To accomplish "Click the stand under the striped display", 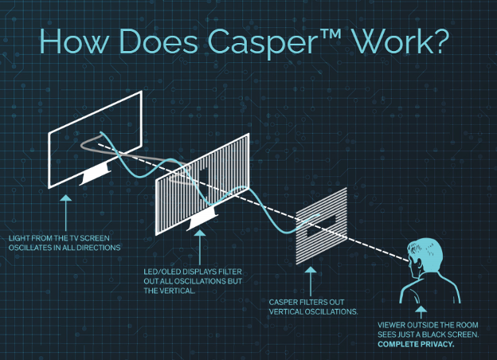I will (x=198, y=226).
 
